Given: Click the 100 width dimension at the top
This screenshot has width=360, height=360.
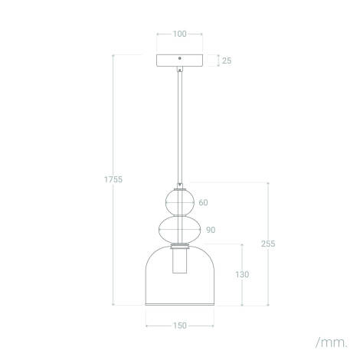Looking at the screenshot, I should [179, 34].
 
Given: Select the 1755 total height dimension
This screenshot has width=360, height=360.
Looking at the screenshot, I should [113, 179].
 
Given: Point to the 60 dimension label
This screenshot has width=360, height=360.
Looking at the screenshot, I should [203, 204].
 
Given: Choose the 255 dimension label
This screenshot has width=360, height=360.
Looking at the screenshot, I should [267, 244].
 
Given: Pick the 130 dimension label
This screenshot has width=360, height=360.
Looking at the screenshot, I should [243, 274].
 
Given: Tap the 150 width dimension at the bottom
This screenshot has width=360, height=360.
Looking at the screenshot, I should [179, 326].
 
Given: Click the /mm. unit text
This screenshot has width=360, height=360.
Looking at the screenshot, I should [330, 340].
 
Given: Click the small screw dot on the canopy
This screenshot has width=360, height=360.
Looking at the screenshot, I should [179, 59].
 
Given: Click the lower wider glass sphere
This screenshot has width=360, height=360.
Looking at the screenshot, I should [179, 229].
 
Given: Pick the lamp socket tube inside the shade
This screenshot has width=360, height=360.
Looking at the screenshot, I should [179, 264].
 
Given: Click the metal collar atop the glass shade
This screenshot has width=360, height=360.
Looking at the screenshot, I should [179, 246].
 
